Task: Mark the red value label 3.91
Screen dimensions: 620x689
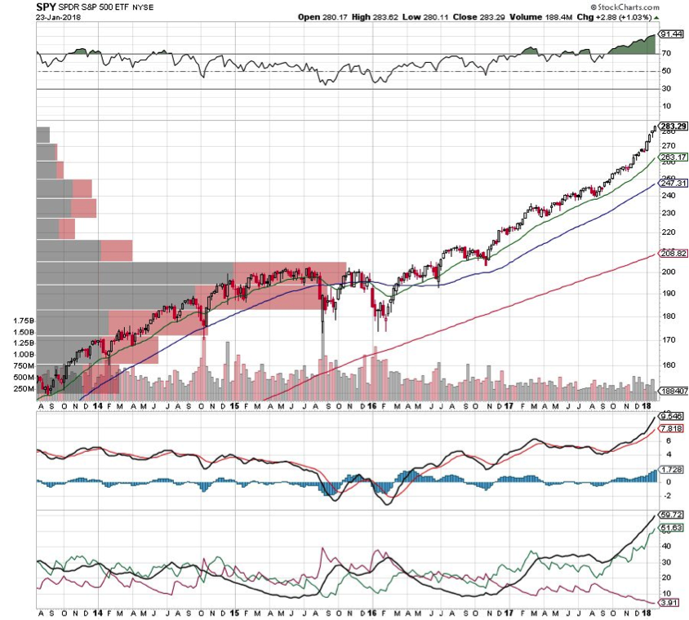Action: (x=669, y=603)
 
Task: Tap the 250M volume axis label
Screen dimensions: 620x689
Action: (x=23, y=389)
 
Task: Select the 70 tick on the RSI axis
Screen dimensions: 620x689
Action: (x=666, y=54)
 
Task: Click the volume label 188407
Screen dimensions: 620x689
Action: (x=673, y=391)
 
